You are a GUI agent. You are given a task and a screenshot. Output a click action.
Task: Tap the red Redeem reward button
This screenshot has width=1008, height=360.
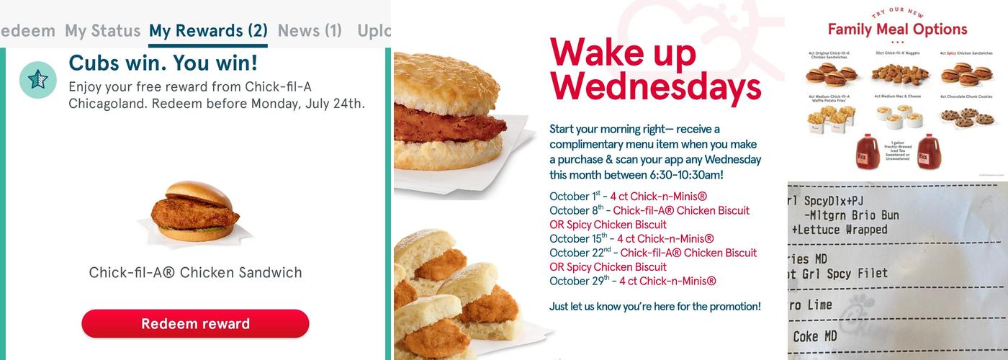(195, 323)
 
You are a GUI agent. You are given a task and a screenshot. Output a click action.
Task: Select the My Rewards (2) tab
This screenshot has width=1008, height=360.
(208, 31)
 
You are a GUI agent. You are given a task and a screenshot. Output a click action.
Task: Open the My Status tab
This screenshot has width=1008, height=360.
(102, 31)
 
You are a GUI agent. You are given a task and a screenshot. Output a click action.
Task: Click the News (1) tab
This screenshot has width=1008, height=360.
(310, 31)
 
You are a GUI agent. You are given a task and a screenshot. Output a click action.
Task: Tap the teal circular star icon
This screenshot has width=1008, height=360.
(38, 79)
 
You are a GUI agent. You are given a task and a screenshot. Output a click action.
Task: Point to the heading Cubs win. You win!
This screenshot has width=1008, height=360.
(163, 63)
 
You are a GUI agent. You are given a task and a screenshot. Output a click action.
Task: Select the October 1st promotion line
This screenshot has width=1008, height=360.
(628, 197)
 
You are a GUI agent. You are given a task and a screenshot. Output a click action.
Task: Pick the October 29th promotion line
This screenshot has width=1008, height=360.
(632, 281)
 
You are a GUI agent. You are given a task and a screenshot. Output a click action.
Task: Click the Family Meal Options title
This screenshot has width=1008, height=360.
(897, 30)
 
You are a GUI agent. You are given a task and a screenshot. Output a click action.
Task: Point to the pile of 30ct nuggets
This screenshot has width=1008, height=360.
(896, 73)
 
